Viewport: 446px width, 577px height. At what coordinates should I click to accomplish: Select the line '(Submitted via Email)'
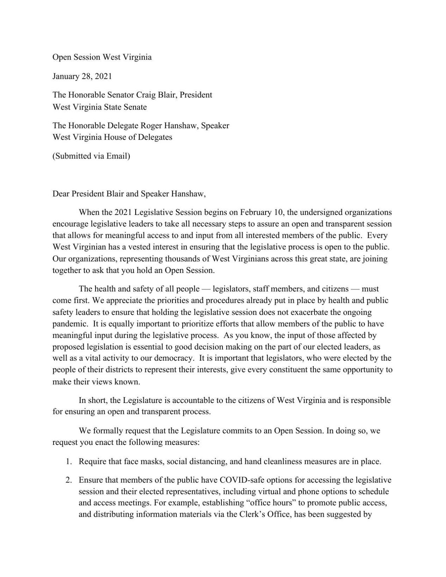[91, 156]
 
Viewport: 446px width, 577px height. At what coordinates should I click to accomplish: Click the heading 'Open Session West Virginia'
[102, 57]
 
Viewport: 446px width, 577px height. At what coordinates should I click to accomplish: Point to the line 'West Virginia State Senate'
[99, 107]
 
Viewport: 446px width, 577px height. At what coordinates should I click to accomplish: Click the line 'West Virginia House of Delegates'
[112, 137]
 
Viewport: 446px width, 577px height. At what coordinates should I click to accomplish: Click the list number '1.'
[69, 461]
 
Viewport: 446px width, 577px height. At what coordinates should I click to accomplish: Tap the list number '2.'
[69, 480]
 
